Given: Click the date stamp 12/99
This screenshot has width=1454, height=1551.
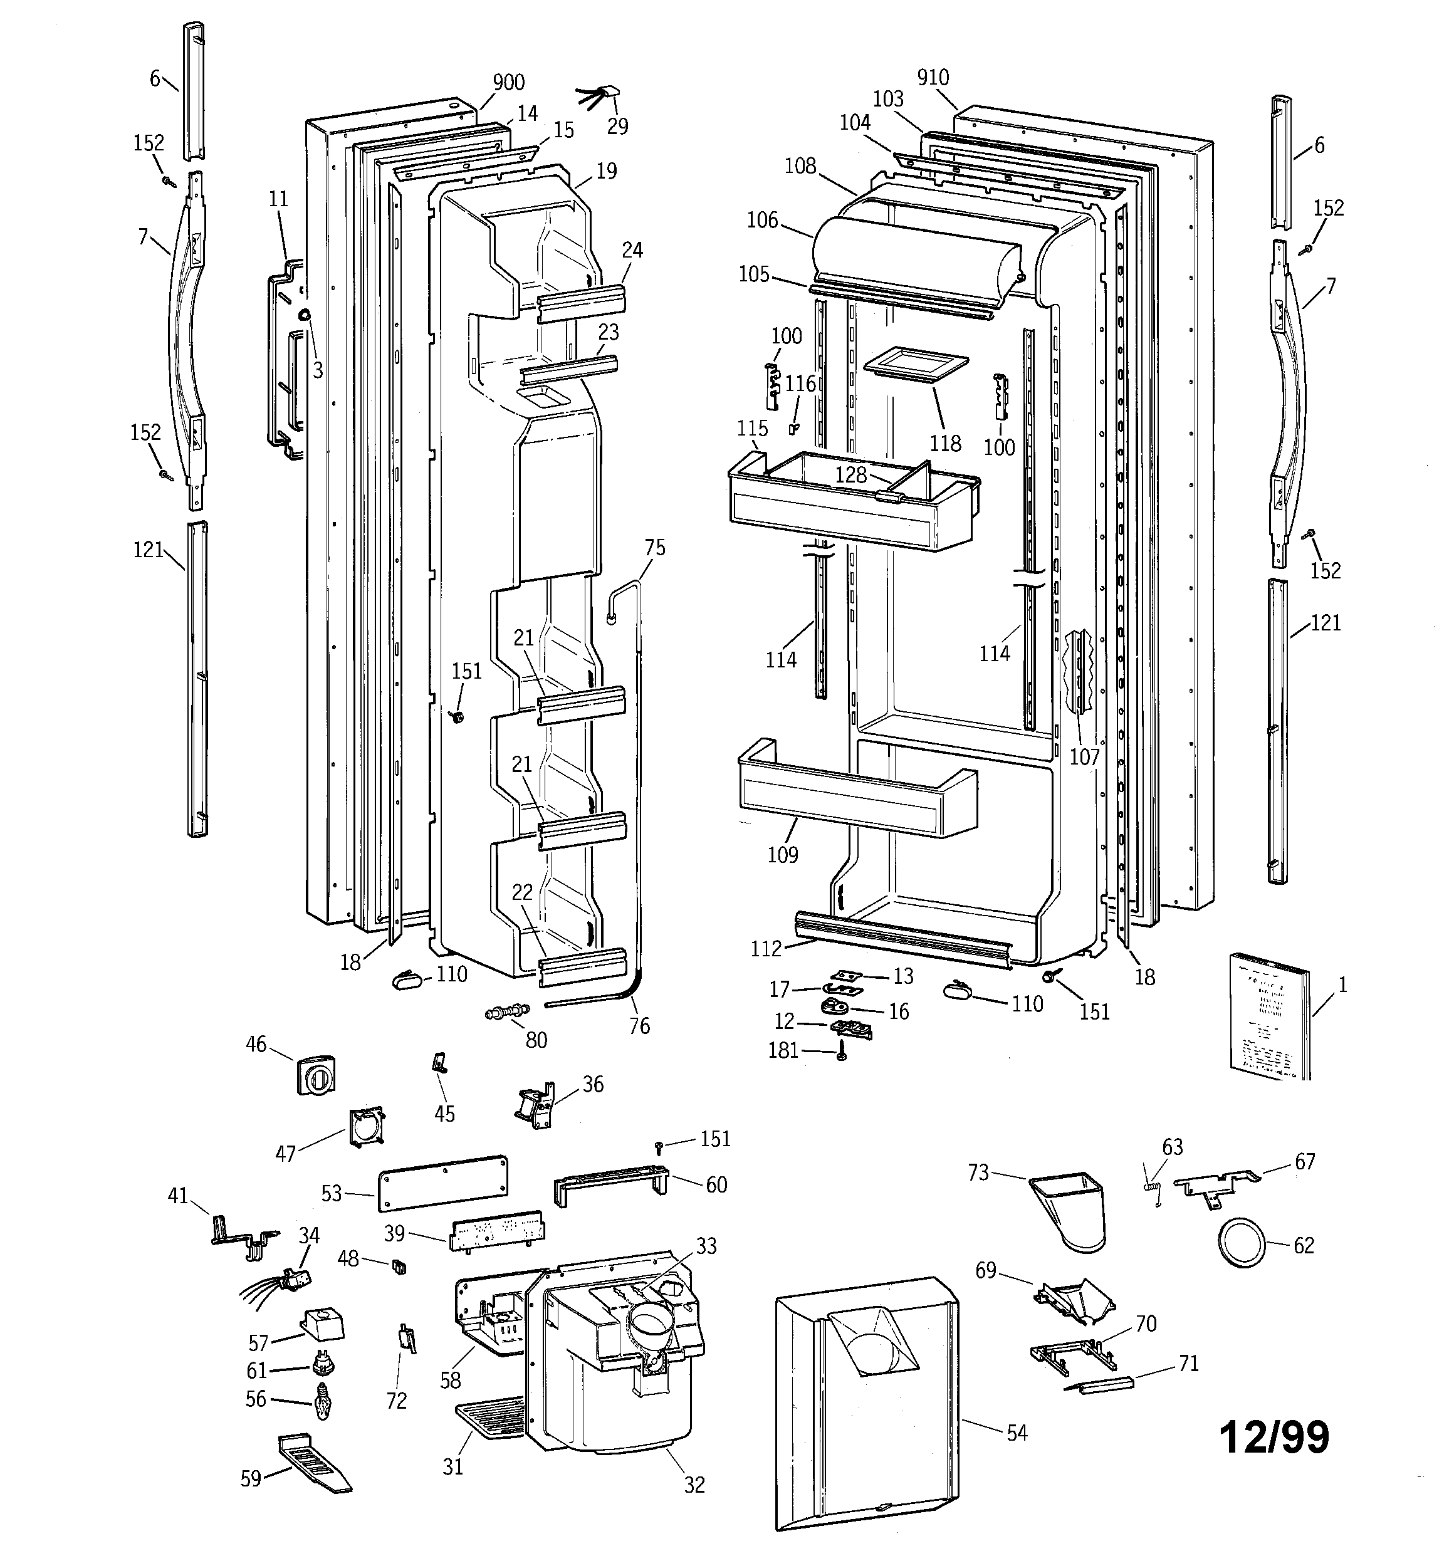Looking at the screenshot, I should click(x=1274, y=1436).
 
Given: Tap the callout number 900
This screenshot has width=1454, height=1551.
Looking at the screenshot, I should click(x=508, y=83).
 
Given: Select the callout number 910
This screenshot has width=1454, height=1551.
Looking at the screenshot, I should click(x=933, y=78).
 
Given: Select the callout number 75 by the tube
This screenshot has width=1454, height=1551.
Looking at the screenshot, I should click(x=655, y=548).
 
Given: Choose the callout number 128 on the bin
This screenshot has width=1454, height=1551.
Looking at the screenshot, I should click(x=850, y=475).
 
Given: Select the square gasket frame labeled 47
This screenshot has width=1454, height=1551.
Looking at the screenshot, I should click(x=366, y=1127).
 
